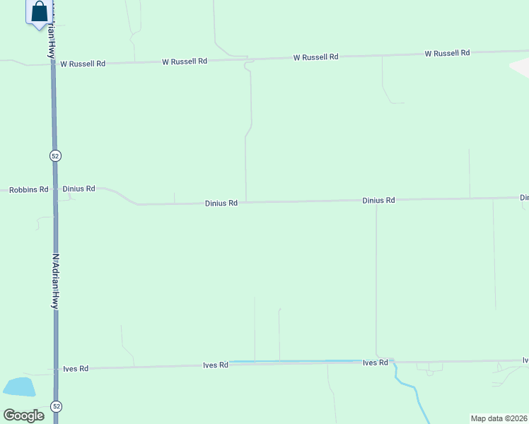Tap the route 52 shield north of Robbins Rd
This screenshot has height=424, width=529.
[54, 155]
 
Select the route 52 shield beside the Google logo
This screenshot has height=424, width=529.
[56, 406]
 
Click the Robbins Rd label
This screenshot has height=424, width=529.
[28, 189]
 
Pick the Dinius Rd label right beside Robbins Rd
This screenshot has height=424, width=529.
[79, 189]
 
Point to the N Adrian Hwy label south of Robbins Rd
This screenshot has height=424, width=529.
[54, 281]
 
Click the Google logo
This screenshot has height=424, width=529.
[23, 415]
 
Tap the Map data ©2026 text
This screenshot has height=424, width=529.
[499, 418]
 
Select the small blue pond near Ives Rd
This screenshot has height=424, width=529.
[19, 387]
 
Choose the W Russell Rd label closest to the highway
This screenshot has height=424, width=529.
[83, 64]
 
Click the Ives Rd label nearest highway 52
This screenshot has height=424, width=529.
[76, 368]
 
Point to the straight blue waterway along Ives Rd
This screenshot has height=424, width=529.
[297, 362]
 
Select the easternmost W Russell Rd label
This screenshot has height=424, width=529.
[447, 53]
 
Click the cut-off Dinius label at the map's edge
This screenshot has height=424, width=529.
[524, 198]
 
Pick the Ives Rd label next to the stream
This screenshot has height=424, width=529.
[375, 363]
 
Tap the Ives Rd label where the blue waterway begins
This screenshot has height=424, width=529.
[215, 365]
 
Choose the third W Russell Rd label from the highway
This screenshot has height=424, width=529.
[316, 57]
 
